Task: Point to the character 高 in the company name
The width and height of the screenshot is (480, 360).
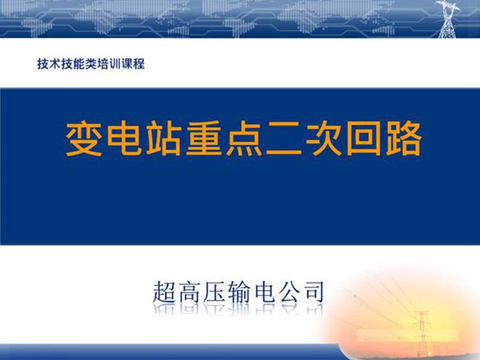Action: coord(194,291)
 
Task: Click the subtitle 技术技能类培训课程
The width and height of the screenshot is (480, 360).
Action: coord(90,63)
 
